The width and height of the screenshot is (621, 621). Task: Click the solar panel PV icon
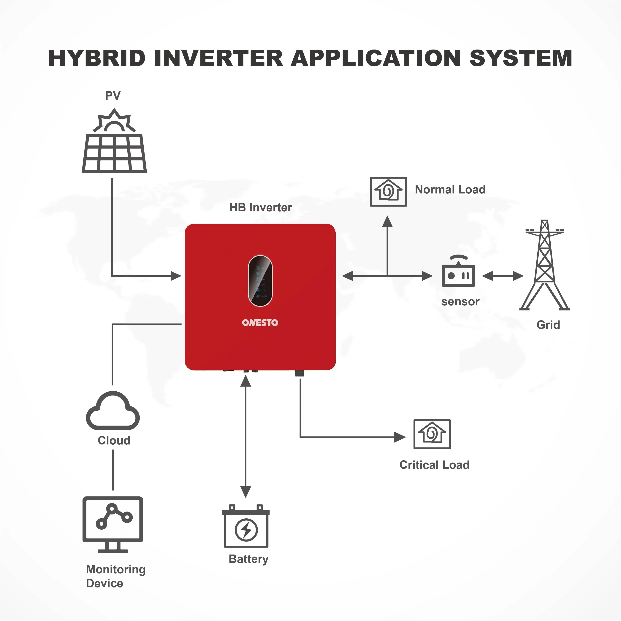tap(114, 142)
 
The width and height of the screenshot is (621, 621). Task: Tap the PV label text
tap(113, 96)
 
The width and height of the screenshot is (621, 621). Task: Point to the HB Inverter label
tap(261, 208)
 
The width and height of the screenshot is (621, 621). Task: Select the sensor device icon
tap(458, 272)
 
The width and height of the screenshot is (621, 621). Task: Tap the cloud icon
tap(113, 412)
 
